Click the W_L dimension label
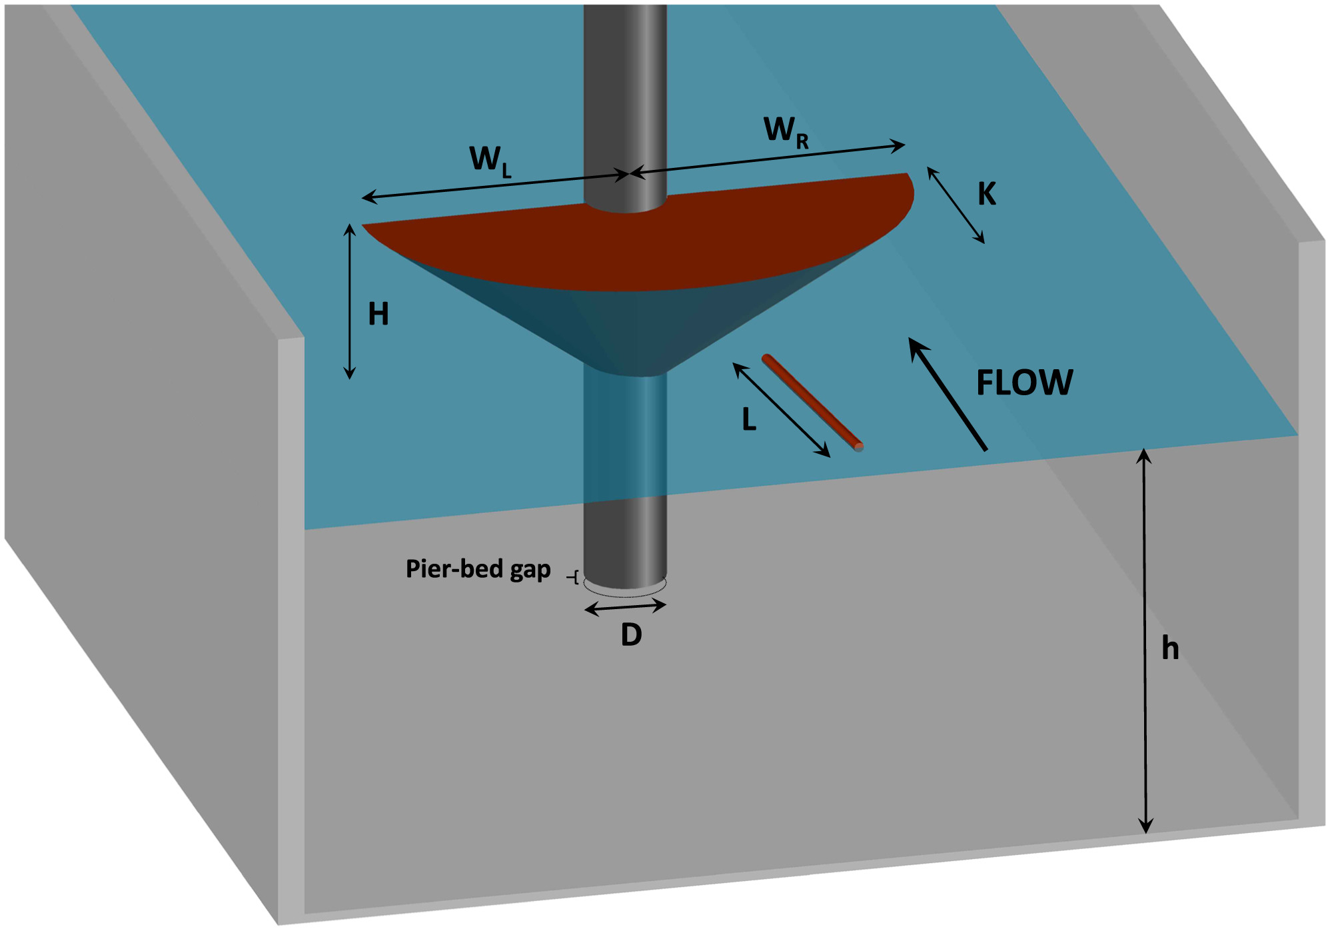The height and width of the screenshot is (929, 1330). [490, 161]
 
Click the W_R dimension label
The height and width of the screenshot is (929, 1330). [786, 131]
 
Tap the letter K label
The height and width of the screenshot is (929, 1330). [987, 194]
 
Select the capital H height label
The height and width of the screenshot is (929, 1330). [378, 314]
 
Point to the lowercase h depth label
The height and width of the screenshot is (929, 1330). [1170, 648]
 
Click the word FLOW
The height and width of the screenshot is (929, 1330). [1024, 383]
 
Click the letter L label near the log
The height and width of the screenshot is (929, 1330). [749, 420]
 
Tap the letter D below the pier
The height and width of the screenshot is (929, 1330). [631, 635]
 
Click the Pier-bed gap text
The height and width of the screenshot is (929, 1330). [478, 569]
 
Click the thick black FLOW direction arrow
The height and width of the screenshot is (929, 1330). [947, 393]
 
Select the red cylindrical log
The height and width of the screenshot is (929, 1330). [812, 402]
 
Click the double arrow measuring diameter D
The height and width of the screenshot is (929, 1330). [625, 607]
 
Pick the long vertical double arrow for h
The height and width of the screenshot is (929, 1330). [1145, 640]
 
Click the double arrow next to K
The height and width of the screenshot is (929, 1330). [956, 205]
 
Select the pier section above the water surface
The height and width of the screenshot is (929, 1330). [625, 100]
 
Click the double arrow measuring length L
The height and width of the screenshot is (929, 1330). [781, 409]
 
